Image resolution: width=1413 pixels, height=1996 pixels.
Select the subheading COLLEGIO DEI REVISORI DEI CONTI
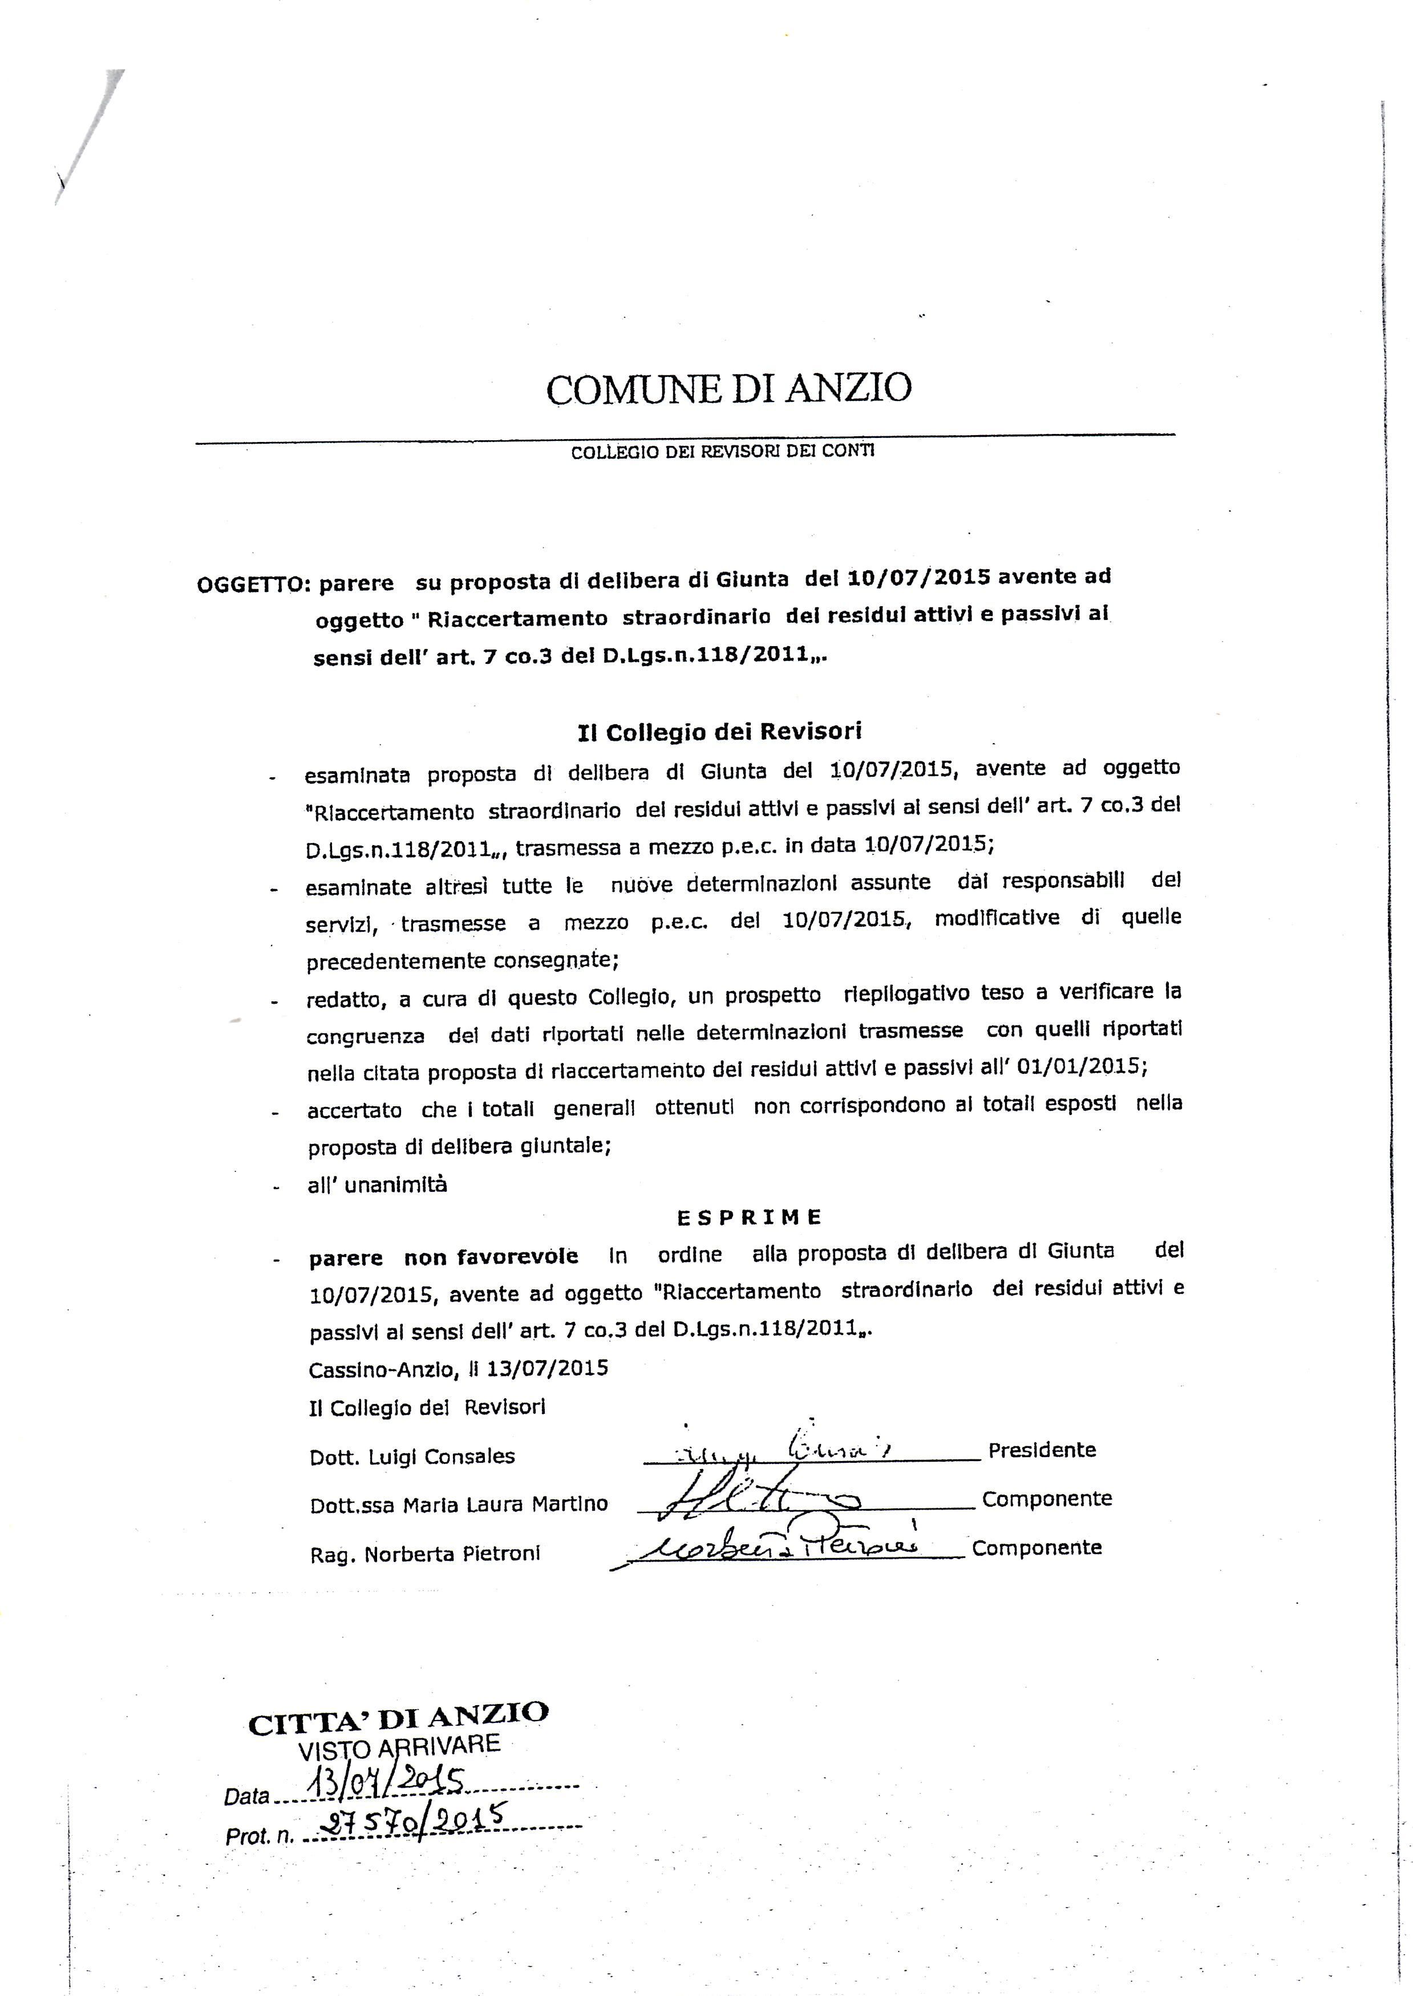(723, 452)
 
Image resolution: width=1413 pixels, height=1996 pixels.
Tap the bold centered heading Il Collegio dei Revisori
(719, 732)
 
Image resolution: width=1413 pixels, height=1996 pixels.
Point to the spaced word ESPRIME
(748, 1217)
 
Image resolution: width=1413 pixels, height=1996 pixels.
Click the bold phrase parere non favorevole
(443, 1257)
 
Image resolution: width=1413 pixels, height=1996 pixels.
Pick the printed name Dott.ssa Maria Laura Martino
(459, 1504)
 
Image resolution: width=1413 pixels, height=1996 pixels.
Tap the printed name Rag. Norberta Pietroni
(424, 1553)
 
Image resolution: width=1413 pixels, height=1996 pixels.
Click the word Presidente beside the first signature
(1042, 1450)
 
